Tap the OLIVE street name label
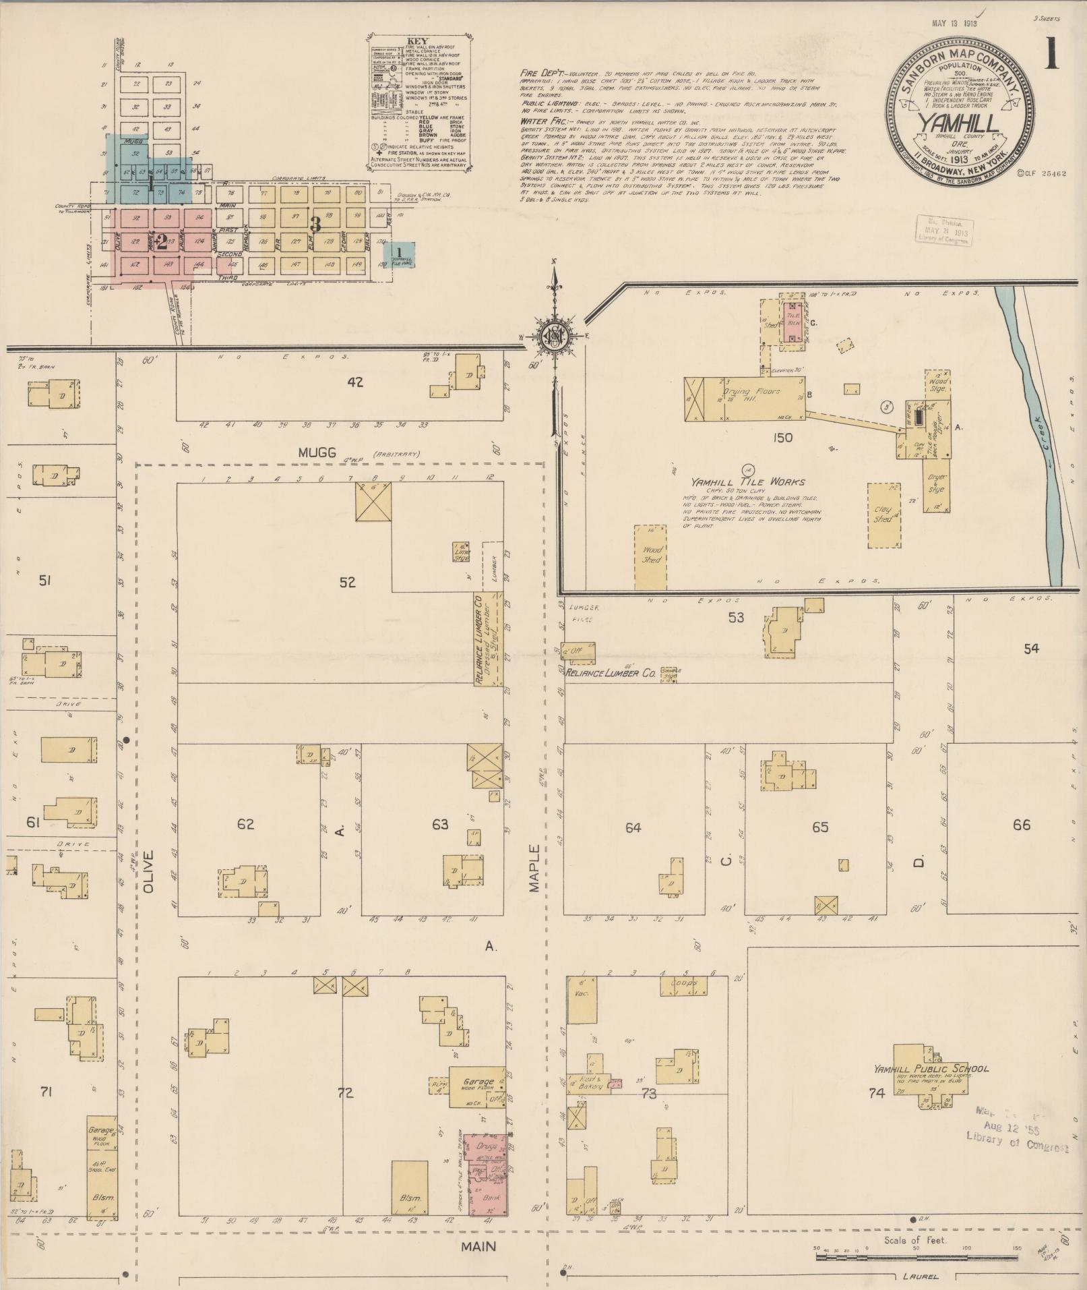pyautogui.click(x=149, y=871)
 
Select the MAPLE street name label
pyautogui.click(x=535, y=868)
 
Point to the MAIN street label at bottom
pyautogui.click(x=478, y=1246)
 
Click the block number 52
pyautogui.click(x=347, y=582)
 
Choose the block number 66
pyautogui.click(x=1022, y=825)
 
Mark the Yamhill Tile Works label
pyautogui.click(x=747, y=482)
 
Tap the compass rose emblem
pyautogui.click(x=554, y=336)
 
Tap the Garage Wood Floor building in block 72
pyautogui.click(x=476, y=1086)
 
